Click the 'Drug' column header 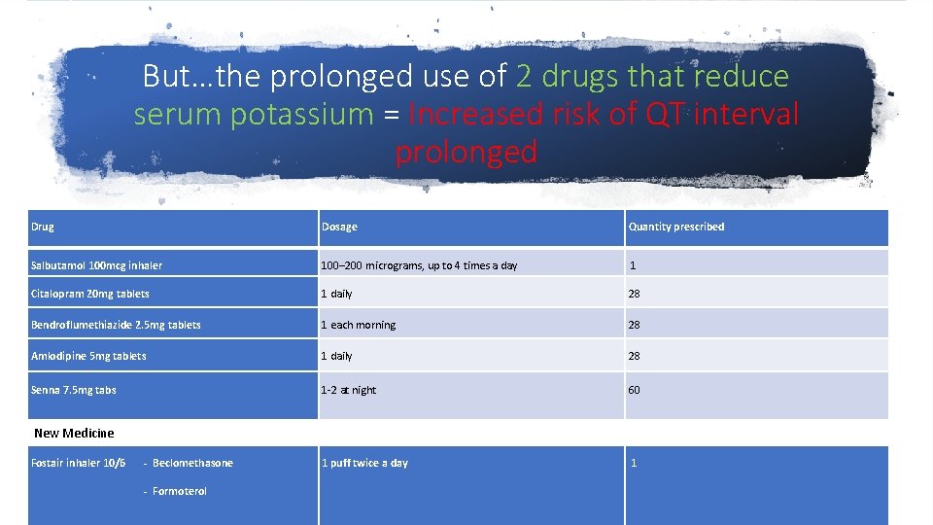click(43, 227)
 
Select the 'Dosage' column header click(339, 227)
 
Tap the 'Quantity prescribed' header click(675, 227)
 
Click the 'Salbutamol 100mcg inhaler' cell click(96, 265)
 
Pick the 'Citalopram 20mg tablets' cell click(89, 294)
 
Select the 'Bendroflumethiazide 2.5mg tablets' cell click(116, 325)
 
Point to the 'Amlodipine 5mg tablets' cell click(88, 356)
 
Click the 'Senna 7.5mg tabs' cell click(73, 390)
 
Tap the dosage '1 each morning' click(358, 325)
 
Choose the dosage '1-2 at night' click(348, 390)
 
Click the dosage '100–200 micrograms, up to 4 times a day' click(419, 265)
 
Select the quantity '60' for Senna click(634, 390)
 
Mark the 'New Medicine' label click(74, 433)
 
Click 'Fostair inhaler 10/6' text click(78, 463)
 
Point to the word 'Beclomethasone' click(192, 463)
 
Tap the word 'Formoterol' click(179, 491)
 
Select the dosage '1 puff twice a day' click(364, 463)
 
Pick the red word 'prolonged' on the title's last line click(466, 153)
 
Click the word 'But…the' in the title click(198, 76)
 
